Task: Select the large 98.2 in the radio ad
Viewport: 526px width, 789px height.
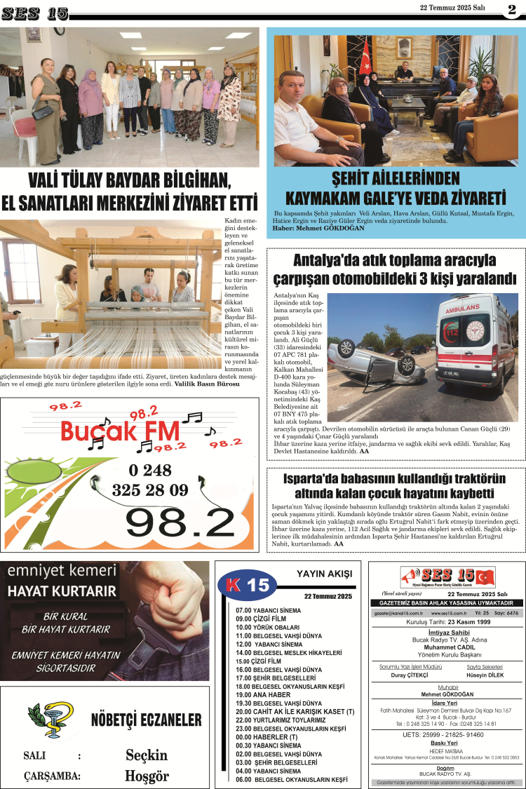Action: (x=180, y=520)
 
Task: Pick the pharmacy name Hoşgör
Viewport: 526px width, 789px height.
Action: (x=147, y=776)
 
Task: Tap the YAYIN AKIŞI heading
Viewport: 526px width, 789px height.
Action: (x=325, y=574)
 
